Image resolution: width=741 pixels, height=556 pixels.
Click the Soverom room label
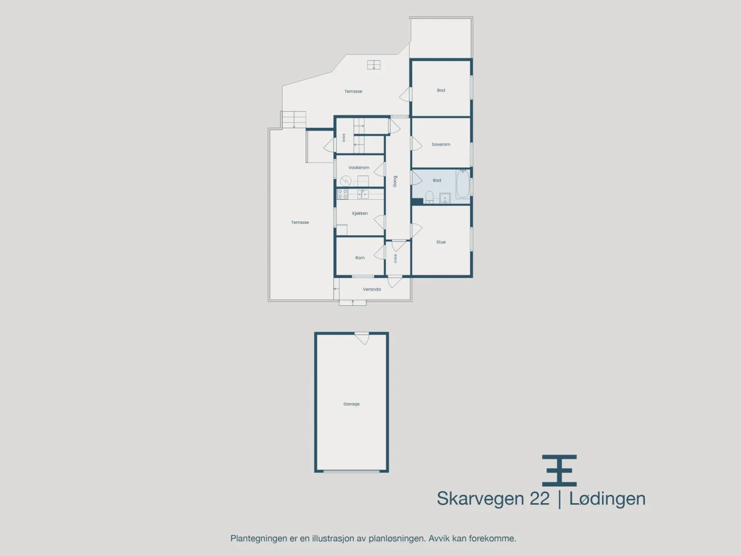[441, 145]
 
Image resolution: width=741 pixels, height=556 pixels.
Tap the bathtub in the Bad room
[463, 184]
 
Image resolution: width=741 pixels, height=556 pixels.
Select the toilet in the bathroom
[429, 197]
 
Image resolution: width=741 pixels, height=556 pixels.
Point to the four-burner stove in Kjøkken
[343, 194]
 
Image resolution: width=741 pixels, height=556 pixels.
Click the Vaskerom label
[359, 167]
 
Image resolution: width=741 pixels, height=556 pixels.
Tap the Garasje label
[352, 404]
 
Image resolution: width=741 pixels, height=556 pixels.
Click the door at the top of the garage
[362, 339]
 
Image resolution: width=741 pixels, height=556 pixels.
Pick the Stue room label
[441, 242]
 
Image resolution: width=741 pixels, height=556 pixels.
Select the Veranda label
[372, 289]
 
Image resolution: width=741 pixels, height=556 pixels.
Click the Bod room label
[441, 90]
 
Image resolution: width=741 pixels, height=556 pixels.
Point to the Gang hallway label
[395, 181]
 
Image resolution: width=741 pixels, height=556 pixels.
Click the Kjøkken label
[360, 213]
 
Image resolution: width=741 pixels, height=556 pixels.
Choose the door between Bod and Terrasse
[405, 95]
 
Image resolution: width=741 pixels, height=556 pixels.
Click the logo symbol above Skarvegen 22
[559, 470]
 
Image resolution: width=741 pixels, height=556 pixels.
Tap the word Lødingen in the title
[607, 499]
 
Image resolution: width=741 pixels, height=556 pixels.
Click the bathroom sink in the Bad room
[445, 198]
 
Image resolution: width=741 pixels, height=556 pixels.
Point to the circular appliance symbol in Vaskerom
[345, 181]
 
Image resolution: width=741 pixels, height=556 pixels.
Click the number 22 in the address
[540, 498]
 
